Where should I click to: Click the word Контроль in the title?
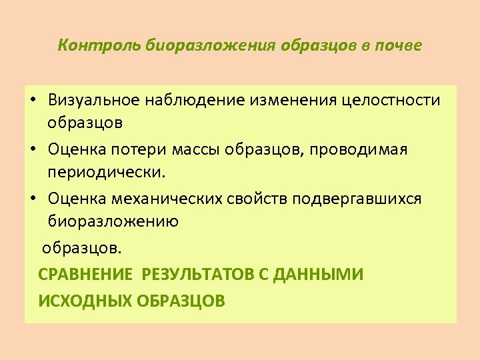tap(89, 46)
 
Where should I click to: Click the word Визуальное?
tap(94, 100)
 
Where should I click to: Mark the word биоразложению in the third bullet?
tap(113, 221)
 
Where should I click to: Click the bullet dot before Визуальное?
tap(33, 101)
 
